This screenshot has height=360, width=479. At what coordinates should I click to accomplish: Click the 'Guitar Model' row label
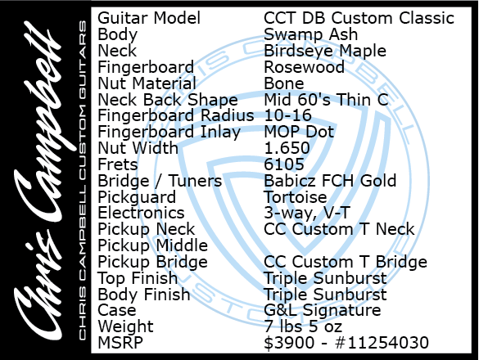click(x=149, y=18)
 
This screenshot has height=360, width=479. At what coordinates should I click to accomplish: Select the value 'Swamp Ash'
click(x=310, y=34)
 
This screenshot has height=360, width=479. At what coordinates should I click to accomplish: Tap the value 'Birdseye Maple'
click(x=325, y=51)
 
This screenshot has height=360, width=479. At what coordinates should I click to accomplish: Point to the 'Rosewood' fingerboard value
click(x=305, y=67)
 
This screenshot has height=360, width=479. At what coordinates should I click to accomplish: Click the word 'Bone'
click(x=284, y=83)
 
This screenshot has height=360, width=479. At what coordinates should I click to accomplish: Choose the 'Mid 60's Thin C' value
click(x=326, y=100)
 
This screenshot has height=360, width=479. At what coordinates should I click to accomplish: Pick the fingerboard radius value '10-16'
click(x=287, y=115)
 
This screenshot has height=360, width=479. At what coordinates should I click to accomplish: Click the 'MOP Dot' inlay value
click(x=299, y=132)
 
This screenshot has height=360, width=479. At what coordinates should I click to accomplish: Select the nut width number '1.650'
click(x=287, y=148)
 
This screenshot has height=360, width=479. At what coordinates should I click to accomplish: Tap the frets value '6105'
click(x=284, y=164)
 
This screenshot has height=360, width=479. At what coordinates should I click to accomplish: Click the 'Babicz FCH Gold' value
click(x=330, y=181)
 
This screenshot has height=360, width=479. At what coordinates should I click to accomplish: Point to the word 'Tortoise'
click(x=296, y=197)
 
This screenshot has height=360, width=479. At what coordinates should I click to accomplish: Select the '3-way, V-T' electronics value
click(x=307, y=213)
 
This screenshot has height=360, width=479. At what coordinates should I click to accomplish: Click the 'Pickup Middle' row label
click(x=153, y=245)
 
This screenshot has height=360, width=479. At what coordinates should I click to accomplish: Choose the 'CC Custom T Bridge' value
click(x=346, y=262)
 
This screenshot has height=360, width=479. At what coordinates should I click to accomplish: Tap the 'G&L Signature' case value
click(x=323, y=310)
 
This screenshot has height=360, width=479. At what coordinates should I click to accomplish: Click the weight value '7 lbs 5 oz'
click(x=303, y=326)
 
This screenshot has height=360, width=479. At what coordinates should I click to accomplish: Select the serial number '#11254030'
click(x=382, y=343)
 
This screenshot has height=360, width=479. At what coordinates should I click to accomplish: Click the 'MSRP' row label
click(x=120, y=343)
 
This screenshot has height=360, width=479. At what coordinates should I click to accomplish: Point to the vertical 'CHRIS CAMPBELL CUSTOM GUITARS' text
click(x=83, y=180)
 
